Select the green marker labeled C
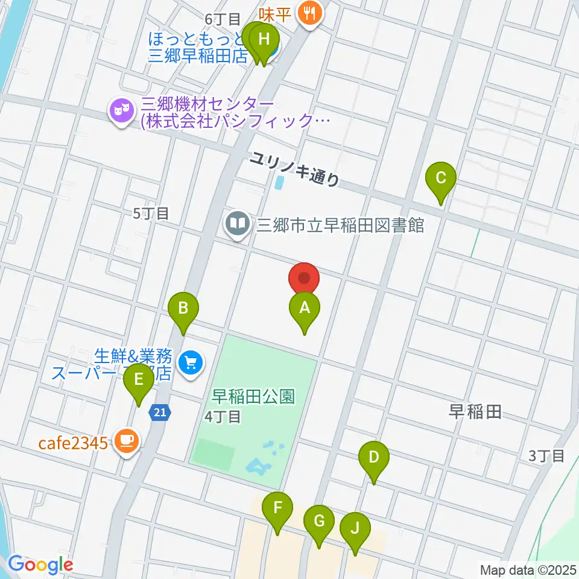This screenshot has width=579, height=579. point(441,179)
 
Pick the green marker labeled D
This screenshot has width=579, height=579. point(374,458)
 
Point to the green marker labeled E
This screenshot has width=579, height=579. point(139,381)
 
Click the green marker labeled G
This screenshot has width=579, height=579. point(319,521)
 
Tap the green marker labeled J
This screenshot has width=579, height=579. point(355,529)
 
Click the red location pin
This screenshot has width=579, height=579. point(305,279)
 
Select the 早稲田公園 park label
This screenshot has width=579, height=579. point(253,397)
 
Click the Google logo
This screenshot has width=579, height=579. point(40,565)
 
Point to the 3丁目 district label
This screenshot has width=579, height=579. point(546,455)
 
